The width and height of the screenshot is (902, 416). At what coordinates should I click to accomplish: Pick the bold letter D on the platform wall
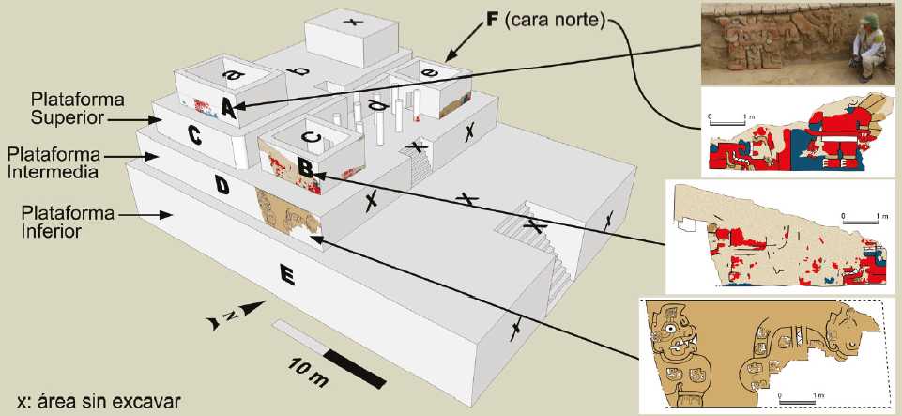click(x=222, y=187)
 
